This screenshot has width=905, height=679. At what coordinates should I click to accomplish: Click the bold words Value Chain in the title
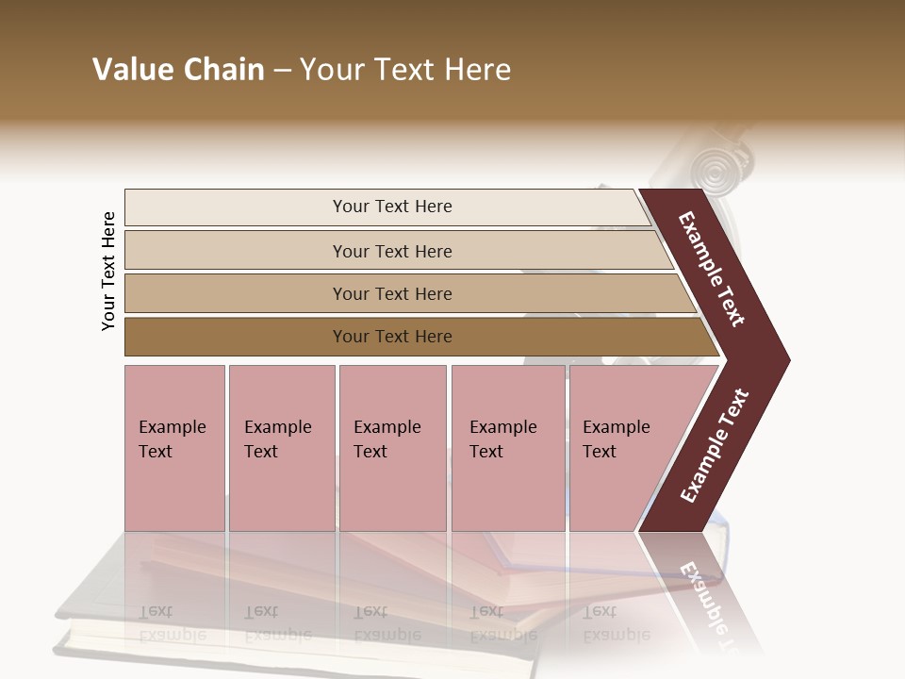[178, 70]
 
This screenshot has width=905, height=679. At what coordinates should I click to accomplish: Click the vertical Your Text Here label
[108, 271]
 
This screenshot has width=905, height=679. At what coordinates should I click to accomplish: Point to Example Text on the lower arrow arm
[715, 446]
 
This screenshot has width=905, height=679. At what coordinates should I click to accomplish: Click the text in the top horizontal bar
[392, 207]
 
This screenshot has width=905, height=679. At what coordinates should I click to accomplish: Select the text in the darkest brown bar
[392, 337]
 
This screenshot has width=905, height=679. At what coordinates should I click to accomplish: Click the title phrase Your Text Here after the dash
[405, 70]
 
